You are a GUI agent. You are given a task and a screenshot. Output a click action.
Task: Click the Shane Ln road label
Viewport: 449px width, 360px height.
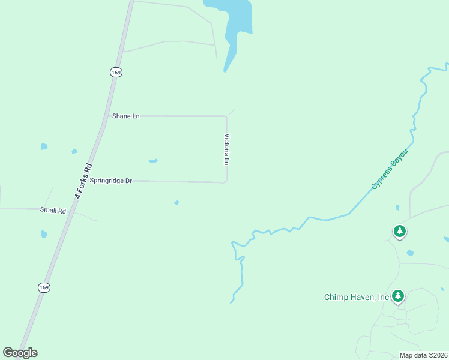click(x=125, y=116)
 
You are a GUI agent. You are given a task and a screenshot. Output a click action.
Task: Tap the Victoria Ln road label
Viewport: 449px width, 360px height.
click(x=227, y=149)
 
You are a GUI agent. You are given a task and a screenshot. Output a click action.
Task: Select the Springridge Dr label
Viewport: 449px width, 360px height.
click(x=110, y=180)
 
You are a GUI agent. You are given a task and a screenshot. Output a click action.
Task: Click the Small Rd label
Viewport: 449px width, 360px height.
click(x=52, y=210)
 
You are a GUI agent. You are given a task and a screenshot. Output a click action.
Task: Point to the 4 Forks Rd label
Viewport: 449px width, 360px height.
click(x=83, y=177)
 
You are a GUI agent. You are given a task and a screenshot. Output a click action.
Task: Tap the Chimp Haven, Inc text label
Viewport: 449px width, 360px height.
click(x=357, y=297)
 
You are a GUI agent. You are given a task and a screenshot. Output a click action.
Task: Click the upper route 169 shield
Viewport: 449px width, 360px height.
click(x=116, y=72)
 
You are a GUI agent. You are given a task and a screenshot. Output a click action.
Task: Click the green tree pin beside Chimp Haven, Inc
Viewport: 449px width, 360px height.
click(x=397, y=295)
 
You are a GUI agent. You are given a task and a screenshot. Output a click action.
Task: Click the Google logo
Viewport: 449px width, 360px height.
click(x=20, y=353)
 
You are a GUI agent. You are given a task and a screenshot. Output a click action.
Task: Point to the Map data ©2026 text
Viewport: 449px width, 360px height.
click(x=424, y=355)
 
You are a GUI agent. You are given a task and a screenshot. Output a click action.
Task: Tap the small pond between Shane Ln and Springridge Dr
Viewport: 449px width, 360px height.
click(x=153, y=161)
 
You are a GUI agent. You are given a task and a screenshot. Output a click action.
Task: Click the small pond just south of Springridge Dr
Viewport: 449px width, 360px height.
click(x=176, y=203)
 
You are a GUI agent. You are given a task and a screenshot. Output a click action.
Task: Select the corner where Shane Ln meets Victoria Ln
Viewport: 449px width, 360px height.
click(x=225, y=116)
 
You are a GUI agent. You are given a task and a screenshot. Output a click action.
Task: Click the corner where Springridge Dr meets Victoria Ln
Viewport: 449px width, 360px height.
click(x=226, y=181)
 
